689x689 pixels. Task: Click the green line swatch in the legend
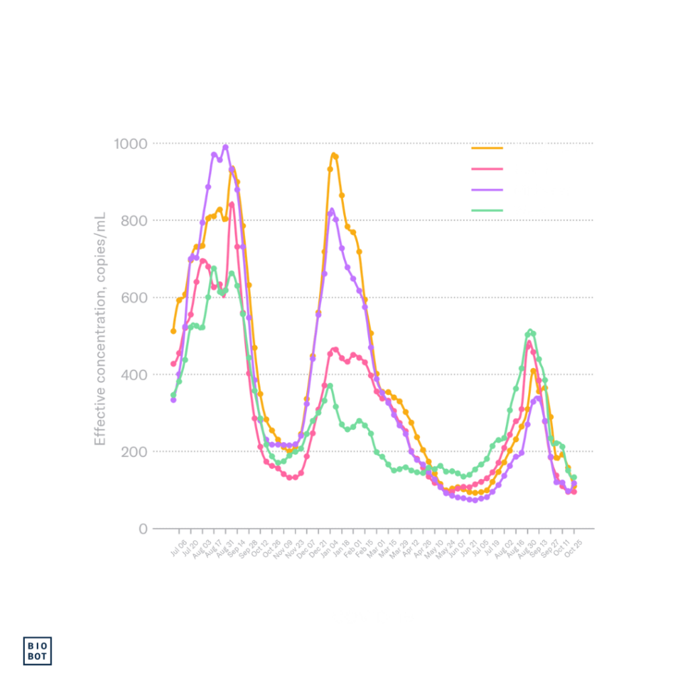point(487,211)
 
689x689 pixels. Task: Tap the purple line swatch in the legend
point(487,190)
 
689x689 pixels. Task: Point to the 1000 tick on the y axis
point(131,143)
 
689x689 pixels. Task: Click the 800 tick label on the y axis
point(134,221)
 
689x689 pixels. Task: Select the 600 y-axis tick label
point(134,297)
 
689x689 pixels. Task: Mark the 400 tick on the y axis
point(134,374)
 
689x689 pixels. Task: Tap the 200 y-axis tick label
point(134,451)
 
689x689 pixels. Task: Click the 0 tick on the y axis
point(143,528)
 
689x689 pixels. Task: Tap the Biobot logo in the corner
point(38,651)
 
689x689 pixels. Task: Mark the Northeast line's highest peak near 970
point(334,155)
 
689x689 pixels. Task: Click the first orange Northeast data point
point(173,331)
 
